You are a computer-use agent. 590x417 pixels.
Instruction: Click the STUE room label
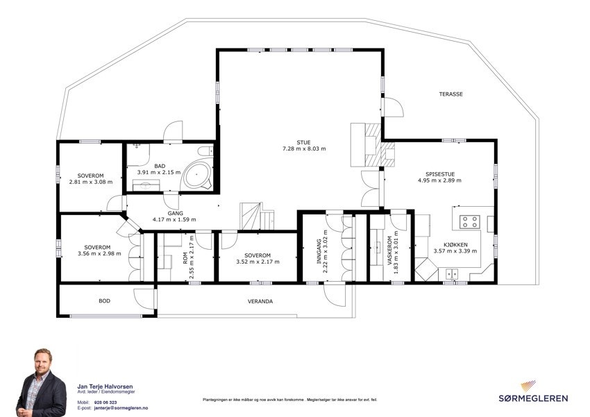303,142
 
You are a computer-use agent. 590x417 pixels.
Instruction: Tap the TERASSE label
450,94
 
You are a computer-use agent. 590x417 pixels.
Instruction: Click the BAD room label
160,166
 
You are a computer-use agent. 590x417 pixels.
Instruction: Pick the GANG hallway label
174,213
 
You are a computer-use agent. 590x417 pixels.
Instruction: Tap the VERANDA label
260,302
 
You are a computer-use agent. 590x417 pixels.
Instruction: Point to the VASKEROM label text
391,253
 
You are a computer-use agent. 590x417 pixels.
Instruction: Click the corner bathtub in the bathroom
197,173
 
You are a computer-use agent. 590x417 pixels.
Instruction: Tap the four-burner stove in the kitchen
469,222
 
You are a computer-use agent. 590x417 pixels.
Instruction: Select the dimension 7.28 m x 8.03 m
303,149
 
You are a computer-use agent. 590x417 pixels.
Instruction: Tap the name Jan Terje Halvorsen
106,386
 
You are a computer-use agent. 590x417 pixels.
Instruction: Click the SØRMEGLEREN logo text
534,398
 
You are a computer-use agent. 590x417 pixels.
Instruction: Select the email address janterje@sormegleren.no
121,408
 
